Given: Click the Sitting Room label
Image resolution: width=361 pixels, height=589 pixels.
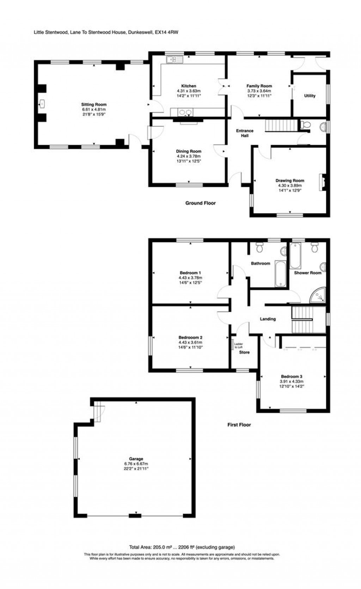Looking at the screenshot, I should (93, 105).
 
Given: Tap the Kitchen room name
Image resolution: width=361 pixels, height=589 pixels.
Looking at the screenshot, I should (189, 86).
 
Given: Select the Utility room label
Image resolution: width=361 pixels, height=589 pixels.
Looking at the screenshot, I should (310, 96).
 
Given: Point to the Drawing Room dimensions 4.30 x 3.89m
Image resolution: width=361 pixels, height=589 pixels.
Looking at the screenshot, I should (290, 186).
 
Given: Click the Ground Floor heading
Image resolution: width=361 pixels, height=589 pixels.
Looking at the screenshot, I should (200, 203).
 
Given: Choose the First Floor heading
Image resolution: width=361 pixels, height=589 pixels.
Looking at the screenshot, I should (239, 425).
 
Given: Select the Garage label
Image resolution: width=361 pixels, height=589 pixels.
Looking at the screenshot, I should (136, 459).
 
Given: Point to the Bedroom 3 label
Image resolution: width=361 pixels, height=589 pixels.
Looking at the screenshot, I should (292, 376).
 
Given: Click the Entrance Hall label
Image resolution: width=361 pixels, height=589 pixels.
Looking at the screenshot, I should (245, 133).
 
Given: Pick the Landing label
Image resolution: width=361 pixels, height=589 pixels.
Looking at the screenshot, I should (268, 319).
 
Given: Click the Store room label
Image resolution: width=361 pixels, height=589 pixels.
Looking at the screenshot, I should (244, 352).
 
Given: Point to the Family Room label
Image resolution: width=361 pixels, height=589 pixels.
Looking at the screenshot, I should (259, 86).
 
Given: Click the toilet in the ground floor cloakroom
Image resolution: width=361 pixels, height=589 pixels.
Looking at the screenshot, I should (305, 125).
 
